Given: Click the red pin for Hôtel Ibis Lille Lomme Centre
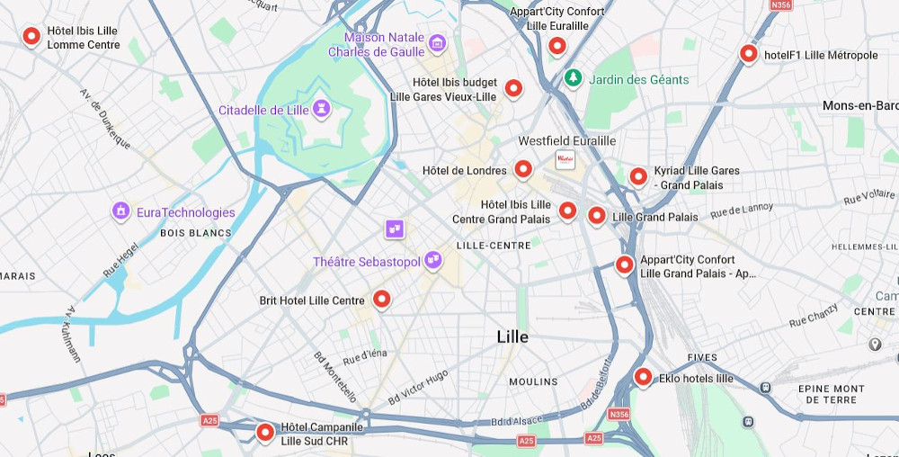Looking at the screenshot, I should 31,36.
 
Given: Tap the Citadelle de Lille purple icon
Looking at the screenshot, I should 321,110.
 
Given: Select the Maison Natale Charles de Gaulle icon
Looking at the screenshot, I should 437,42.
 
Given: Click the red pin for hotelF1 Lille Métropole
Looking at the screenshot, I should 748,54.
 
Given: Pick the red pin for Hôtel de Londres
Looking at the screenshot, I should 523,169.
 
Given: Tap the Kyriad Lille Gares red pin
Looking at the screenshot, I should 638,176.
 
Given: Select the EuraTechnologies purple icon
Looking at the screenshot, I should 121,211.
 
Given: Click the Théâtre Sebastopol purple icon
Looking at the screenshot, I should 433,260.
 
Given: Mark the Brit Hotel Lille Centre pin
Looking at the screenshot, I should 381,300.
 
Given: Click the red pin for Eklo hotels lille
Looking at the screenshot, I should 643,377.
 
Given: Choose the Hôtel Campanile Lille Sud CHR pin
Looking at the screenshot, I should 265,432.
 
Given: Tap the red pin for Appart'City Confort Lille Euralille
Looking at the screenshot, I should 557,45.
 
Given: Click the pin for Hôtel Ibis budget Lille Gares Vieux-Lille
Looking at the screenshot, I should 513,88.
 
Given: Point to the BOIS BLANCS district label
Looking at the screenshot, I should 196,233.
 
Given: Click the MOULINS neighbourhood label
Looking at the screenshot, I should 533,382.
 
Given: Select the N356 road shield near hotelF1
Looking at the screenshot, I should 782,4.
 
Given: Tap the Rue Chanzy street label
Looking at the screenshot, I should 813,318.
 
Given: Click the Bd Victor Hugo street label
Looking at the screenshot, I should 418,387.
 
